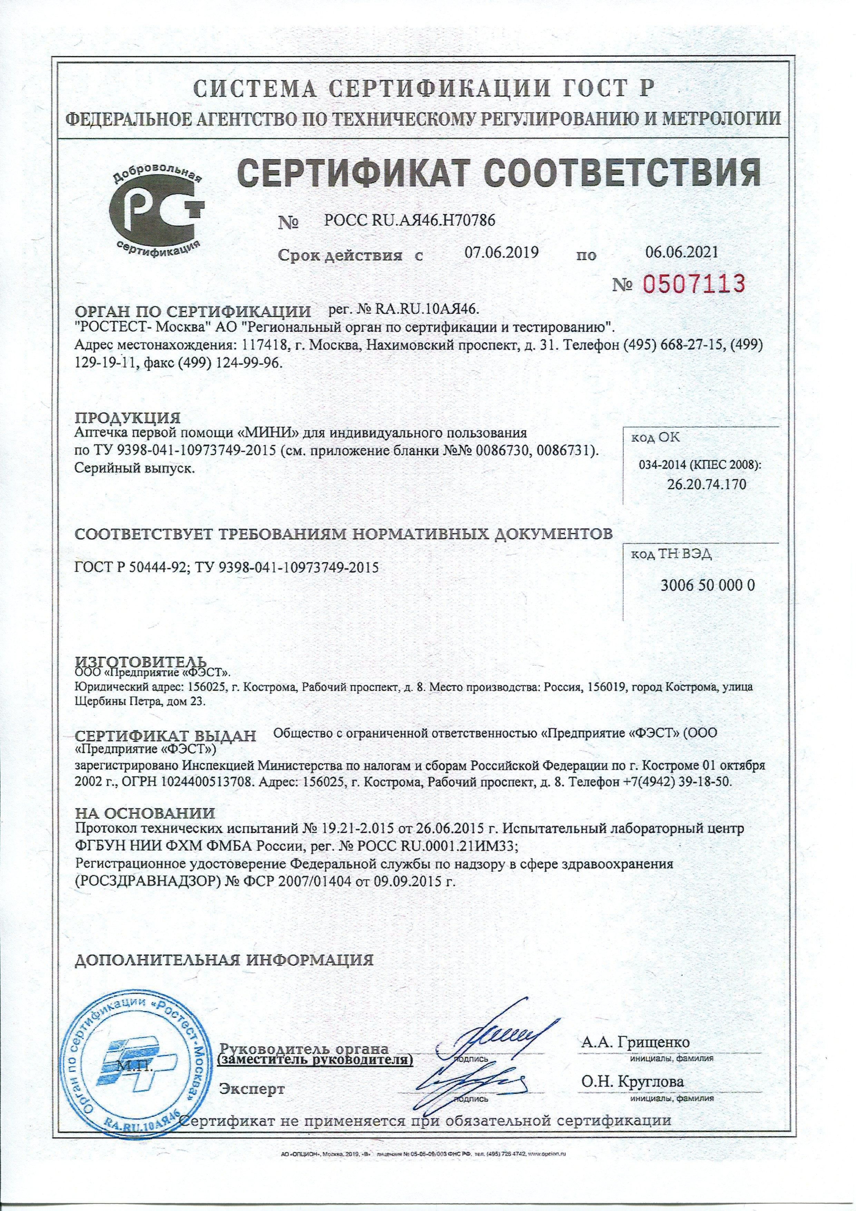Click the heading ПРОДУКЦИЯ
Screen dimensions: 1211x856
click(x=128, y=418)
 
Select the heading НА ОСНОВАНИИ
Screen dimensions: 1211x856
click(x=145, y=813)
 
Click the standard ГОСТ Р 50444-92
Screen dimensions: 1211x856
click(x=132, y=567)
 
